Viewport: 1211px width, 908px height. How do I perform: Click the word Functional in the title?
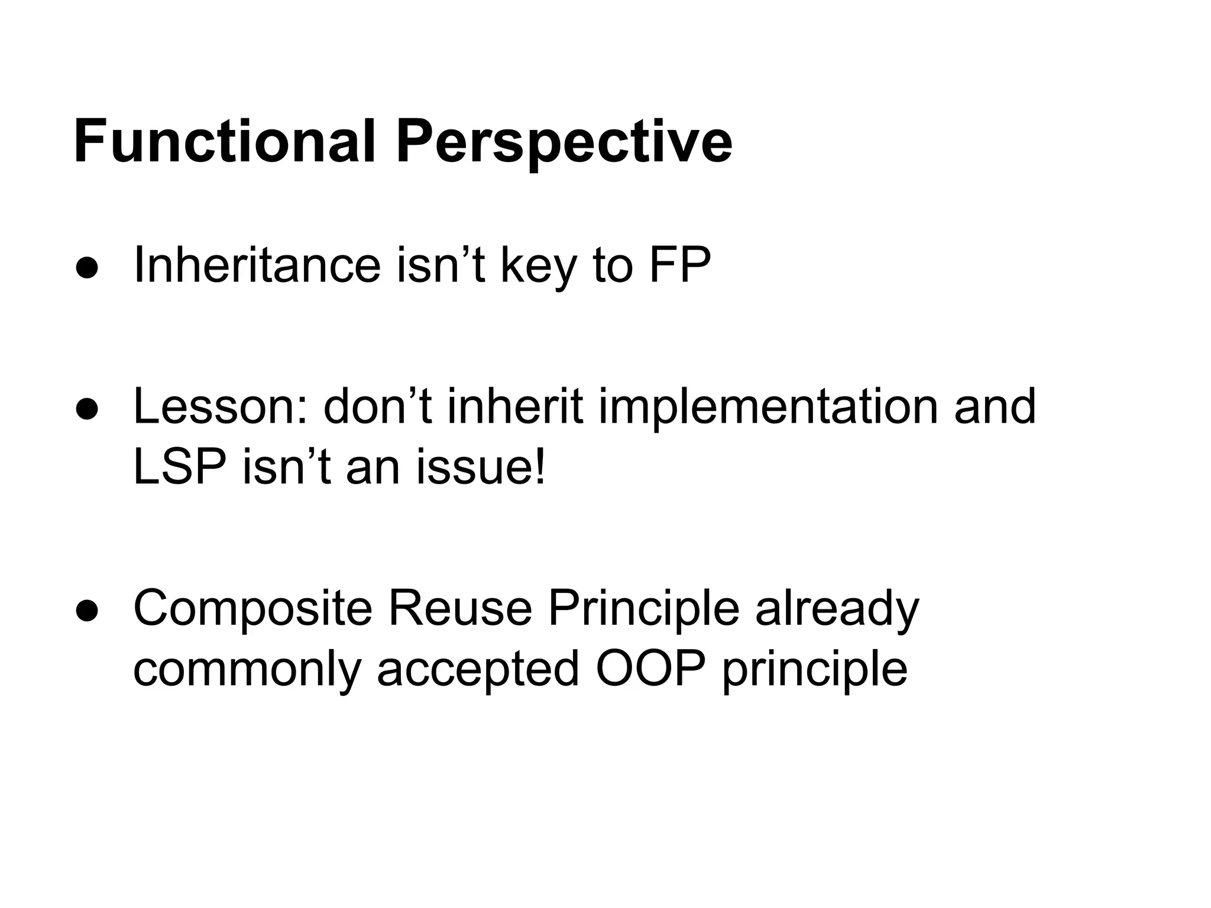[x=224, y=142]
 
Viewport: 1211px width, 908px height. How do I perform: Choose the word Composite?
[x=252, y=609]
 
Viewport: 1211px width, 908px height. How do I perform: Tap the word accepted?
[x=478, y=672]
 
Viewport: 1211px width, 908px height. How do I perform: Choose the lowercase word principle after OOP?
[x=814, y=672]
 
